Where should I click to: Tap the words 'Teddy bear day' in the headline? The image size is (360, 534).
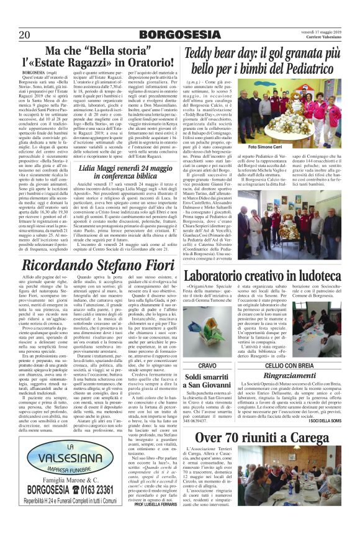[x=227, y=52]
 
